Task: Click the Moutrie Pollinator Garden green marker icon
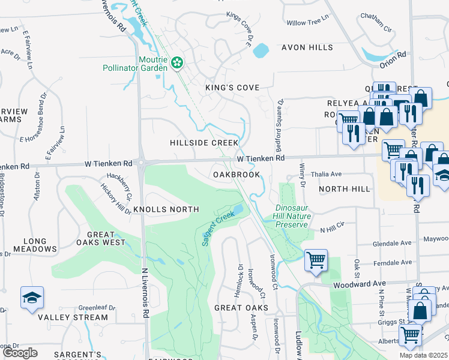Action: [177, 63]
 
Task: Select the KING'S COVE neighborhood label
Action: [232, 88]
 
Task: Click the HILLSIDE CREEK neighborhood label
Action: [204, 143]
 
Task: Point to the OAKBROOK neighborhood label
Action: [237, 175]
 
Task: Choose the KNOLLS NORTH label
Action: [166, 209]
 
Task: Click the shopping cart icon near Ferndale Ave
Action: [316, 260]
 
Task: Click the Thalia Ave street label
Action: [327, 174]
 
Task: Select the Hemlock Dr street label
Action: [240, 280]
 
